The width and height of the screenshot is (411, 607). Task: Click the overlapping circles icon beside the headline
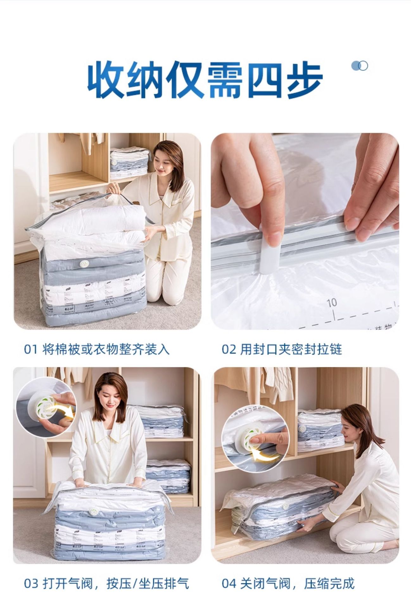point(359,66)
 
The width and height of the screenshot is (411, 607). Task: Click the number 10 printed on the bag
point(332,303)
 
